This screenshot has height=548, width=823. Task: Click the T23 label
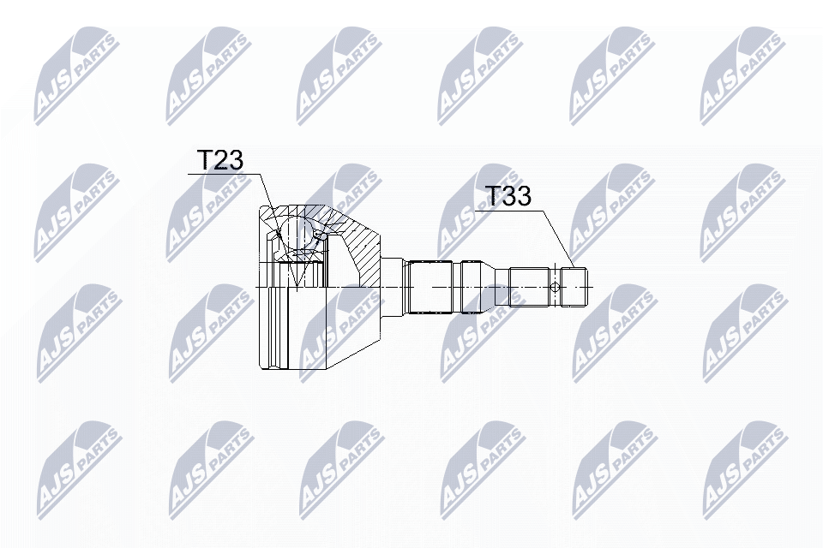click(x=220, y=160)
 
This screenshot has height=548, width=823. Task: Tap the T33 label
click(x=508, y=196)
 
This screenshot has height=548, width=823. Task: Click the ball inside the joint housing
click(x=297, y=232)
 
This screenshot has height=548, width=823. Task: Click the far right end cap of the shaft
click(x=577, y=286)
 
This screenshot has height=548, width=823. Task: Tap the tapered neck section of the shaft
click(x=500, y=286)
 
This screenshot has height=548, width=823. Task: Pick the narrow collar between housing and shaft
click(x=393, y=286)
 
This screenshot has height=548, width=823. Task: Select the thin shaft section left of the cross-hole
click(x=529, y=286)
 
